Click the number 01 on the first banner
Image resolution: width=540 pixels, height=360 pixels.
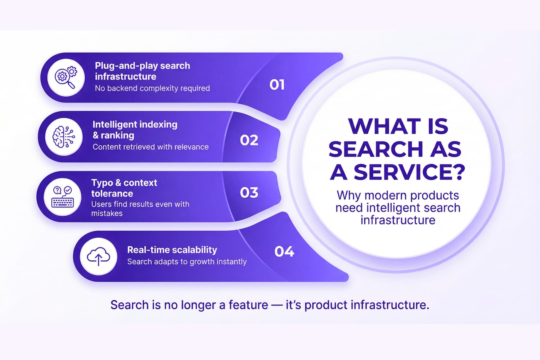[277, 85]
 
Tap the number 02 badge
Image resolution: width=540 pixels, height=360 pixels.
[249, 140]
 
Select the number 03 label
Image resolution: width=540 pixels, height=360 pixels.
[249, 193]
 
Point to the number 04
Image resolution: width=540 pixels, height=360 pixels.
[284, 251]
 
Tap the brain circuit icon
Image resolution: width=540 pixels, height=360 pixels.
[64, 137]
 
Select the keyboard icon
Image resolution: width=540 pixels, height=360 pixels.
[62, 197]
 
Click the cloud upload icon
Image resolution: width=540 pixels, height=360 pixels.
[98, 256]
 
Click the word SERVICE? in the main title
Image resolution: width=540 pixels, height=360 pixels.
[409, 172]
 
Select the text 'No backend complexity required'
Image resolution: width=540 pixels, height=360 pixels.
[152, 88]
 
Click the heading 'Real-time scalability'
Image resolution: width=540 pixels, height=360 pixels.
[172, 250]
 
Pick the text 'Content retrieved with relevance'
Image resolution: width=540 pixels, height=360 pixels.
[150, 147]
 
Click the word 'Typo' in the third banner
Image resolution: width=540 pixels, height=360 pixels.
[102, 183]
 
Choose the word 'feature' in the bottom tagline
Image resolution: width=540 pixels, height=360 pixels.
[248, 305]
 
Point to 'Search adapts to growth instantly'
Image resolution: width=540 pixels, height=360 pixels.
[187, 262]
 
